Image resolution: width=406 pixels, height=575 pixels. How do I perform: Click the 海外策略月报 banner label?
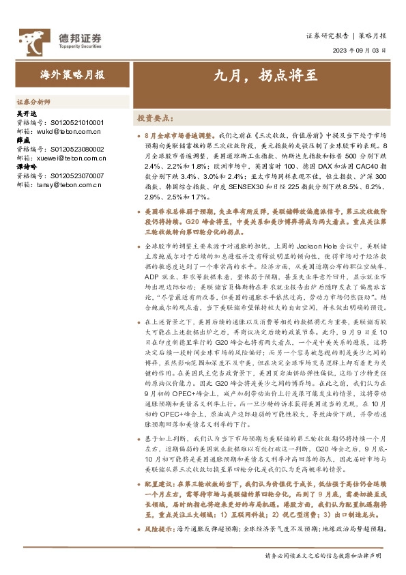72,76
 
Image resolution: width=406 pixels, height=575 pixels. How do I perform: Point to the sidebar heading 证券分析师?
33,100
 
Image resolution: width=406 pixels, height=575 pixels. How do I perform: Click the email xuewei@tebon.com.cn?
71,158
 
